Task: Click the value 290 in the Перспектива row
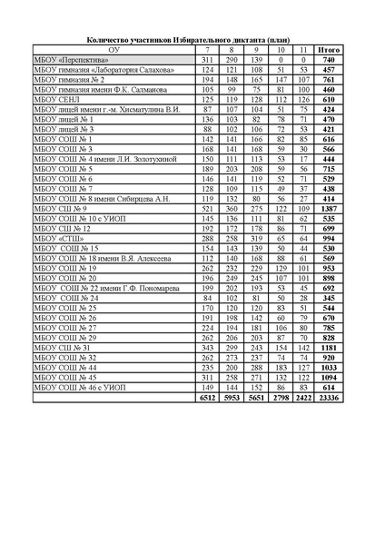(232, 59)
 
